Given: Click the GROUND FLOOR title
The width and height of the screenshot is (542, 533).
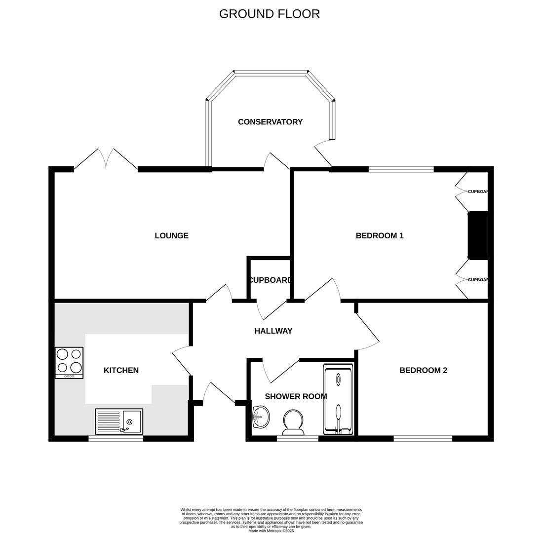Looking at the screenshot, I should [269, 14].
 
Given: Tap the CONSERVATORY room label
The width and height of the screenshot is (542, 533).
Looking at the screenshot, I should [270, 122].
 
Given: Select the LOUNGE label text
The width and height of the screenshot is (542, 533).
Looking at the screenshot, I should [171, 236].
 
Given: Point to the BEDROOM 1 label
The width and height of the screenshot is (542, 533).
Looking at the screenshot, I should [379, 236].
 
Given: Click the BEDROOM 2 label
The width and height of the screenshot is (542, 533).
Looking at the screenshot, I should [423, 371].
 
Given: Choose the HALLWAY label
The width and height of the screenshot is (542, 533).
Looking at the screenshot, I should [273, 331].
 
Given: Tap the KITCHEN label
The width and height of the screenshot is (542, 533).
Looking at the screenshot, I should [121, 371].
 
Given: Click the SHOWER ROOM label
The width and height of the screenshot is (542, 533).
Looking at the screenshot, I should [296, 396].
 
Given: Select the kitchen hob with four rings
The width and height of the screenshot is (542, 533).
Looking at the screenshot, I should [69, 363].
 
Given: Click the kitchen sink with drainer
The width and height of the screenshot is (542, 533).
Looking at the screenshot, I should [119, 421].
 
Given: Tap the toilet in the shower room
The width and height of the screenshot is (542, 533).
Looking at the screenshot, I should [293, 422].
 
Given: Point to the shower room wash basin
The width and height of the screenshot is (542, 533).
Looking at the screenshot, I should [261, 417].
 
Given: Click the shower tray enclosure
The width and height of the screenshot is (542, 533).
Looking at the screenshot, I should [338, 399].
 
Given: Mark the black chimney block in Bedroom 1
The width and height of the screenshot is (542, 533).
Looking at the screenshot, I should [478, 235].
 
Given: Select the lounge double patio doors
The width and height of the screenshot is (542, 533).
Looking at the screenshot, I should [106, 159].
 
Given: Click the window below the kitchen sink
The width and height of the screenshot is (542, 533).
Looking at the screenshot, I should [116, 438].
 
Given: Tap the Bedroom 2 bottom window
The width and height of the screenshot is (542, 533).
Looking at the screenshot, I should [423, 438].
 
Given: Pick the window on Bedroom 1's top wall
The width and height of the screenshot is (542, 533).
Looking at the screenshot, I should [401, 169].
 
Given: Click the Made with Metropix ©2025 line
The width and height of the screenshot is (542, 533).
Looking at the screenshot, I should [271, 531].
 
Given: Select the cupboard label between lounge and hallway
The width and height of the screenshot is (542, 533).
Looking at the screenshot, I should [270, 280].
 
